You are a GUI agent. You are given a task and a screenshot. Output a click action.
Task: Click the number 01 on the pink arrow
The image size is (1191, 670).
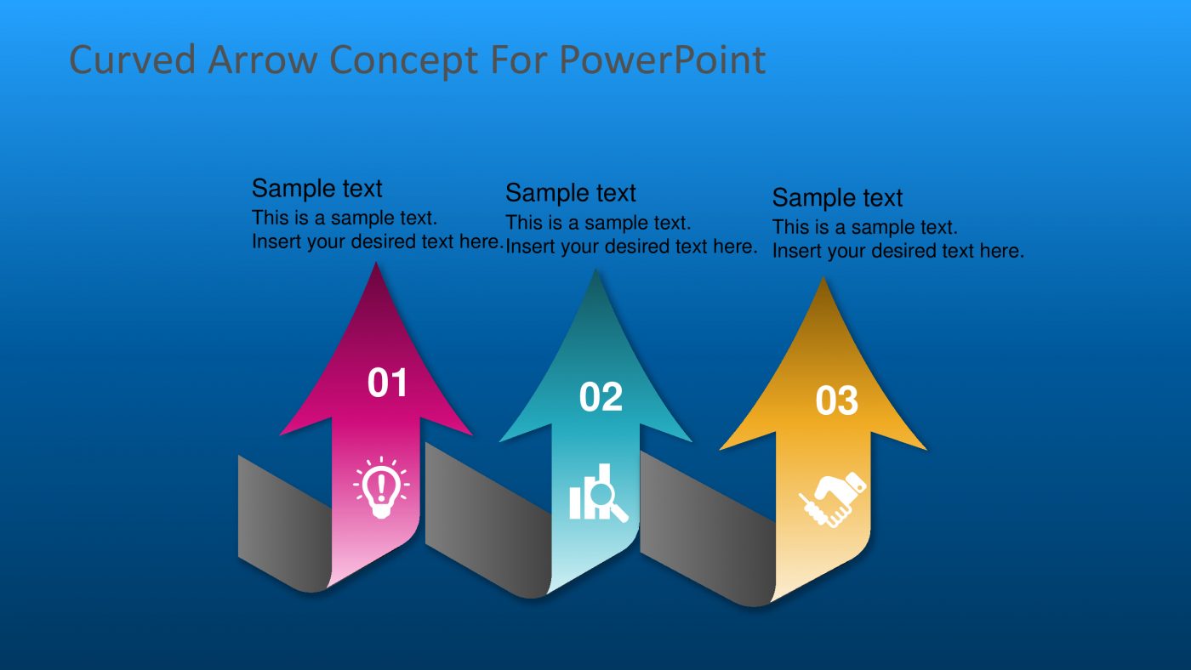(x=388, y=383)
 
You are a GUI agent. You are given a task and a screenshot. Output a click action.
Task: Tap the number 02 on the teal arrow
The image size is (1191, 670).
(x=601, y=397)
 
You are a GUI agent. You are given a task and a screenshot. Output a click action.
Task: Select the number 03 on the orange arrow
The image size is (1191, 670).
(x=837, y=401)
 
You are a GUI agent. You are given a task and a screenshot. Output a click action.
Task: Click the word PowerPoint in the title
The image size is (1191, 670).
(x=662, y=60)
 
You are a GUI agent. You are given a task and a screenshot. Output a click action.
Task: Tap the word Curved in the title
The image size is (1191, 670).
(x=132, y=60)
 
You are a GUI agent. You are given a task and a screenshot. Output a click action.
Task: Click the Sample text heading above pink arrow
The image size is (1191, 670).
(x=316, y=188)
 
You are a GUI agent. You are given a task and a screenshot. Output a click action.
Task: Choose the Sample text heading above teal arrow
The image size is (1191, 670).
(x=570, y=193)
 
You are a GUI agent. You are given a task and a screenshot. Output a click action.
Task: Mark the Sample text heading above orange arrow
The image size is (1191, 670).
(x=837, y=198)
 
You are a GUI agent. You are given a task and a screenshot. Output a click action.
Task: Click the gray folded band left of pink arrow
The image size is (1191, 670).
(x=281, y=523)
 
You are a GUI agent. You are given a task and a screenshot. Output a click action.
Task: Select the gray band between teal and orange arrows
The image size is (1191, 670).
(x=702, y=536)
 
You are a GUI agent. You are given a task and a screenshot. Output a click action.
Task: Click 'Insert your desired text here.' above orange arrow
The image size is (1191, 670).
(x=898, y=251)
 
